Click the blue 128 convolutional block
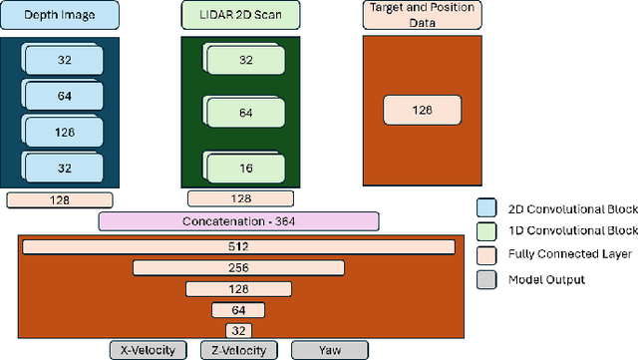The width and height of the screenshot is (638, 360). pos(63,131)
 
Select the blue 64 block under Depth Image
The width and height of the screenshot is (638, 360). pos(63,96)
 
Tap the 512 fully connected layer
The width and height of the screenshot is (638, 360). pos(236,246)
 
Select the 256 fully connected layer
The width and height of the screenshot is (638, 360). pos(236,267)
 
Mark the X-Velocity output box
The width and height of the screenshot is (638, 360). pos(148,349)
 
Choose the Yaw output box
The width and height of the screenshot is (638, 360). pos(329,349)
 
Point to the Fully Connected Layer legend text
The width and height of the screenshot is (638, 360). pos(562,256)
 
